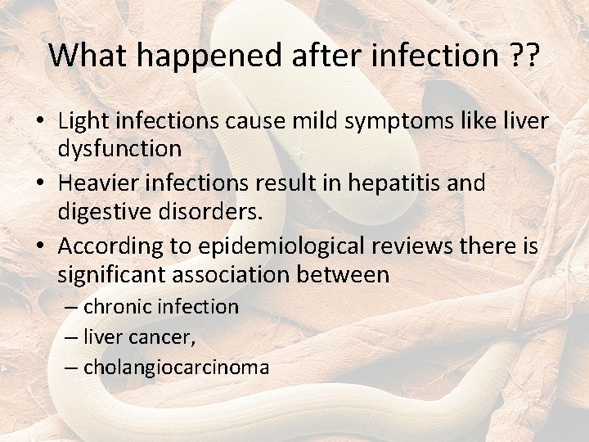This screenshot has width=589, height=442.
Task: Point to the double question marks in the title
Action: click(524, 55)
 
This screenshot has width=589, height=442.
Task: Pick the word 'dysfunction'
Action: click(119, 149)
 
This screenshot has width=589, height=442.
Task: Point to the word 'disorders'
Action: click(216, 211)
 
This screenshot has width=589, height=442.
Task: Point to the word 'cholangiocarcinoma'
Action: click(176, 368)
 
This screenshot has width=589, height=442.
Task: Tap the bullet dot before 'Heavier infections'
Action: click(39, 184)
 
